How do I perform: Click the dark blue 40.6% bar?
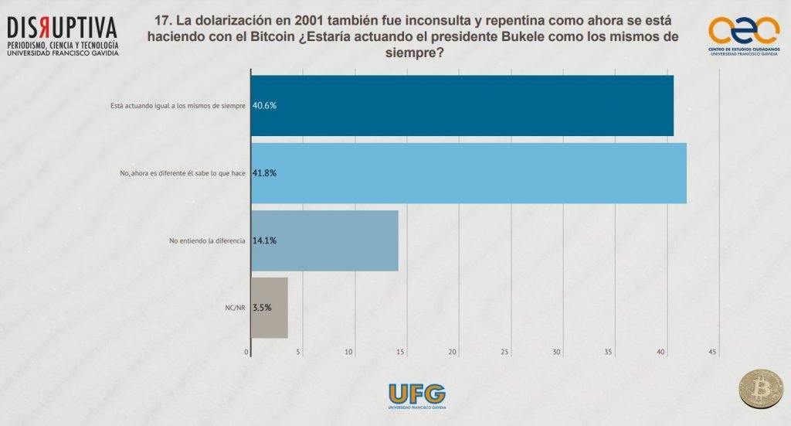(462, 105)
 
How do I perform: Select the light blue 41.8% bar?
(468, 172)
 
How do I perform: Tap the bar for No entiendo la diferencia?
(324, 240)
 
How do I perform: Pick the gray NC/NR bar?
(270, 307)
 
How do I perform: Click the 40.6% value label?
(264, 106)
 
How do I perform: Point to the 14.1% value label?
(264, 240)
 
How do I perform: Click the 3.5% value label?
(262, 308)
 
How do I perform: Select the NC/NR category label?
(235, 308)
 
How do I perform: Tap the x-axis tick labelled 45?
(712, 353)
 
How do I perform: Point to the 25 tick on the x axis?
(505, 353)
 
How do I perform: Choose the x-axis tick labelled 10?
(349, 353)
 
